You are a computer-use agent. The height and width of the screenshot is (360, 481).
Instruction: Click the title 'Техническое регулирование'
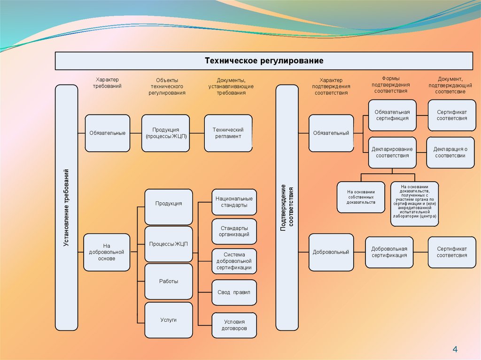point(264,61)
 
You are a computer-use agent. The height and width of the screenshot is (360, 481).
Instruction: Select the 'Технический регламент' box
point(228,133)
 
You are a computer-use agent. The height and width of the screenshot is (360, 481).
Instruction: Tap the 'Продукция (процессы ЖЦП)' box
point(165,133)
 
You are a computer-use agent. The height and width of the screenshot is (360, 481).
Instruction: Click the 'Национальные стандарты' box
point(234,202)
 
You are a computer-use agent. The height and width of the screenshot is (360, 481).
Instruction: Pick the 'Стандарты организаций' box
point(234,231)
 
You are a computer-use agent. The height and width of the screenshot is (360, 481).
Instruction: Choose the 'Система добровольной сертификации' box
point(234,261)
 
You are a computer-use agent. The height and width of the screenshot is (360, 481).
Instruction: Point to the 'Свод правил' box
point(234,292)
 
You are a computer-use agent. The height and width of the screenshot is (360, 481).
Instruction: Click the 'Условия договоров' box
point(234,325)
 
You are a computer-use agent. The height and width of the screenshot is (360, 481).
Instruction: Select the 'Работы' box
point(168,281)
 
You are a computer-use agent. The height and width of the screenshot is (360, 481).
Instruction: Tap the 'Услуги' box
point(168,320)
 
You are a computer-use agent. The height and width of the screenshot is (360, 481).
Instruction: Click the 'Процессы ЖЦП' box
point(168,244)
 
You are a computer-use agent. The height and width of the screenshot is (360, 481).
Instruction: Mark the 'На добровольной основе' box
point(107,252)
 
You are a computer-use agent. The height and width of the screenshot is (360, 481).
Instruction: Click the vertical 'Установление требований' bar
point(66,207)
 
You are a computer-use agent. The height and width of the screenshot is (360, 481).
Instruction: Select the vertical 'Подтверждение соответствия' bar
point(287,207)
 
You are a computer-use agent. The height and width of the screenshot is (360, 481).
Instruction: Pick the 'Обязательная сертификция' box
point(392,115)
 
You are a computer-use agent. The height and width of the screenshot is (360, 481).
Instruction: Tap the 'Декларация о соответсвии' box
point(450,152)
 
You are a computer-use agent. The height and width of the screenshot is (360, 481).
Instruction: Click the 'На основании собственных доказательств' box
point(361,197)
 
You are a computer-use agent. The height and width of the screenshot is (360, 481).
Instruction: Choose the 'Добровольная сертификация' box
point(389,252)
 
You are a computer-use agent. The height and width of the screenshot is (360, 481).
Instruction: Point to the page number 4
point(455,349)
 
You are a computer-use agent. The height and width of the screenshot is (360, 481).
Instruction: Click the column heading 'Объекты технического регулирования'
point(167,87)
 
